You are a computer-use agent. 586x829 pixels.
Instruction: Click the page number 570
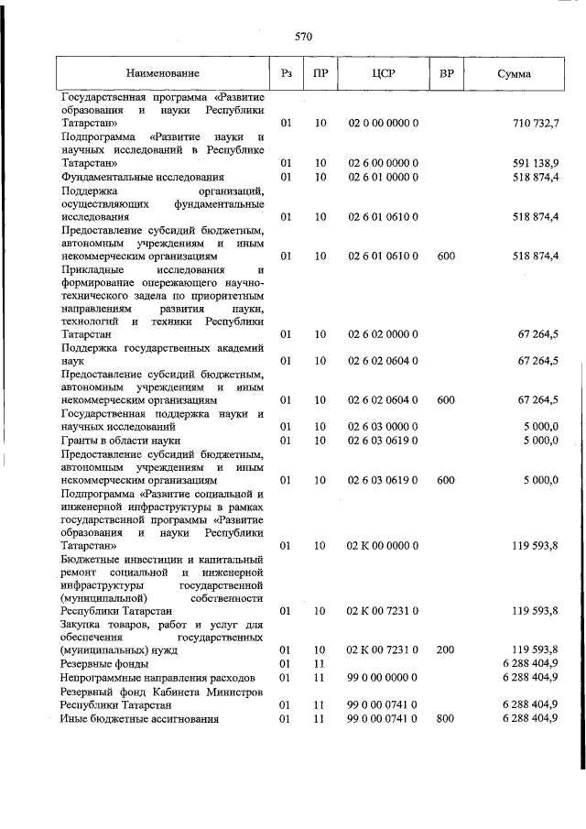pyautogui.click(x=304, y=37)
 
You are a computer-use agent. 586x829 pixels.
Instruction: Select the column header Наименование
pyautogui.click(x=163, y=72)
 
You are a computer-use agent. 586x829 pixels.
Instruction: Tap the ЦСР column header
pyautogui.click(x=383, y=72)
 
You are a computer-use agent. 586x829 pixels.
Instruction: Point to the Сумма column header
pyautogui.click(x=514, y=72)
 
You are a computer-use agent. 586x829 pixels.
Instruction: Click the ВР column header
pyautogui.click(x=447, y=72)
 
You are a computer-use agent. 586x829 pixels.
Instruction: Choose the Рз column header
pyautogui.click(x=287, y=72)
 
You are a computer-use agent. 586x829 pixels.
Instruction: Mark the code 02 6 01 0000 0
pyautogui.click(x=384, y=176)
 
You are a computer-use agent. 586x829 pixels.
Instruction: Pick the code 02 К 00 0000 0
pyautogui.click(x=384, y=546)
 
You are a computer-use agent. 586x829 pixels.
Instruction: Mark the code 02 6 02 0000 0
pyautogui.click(x=384, y=334)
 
